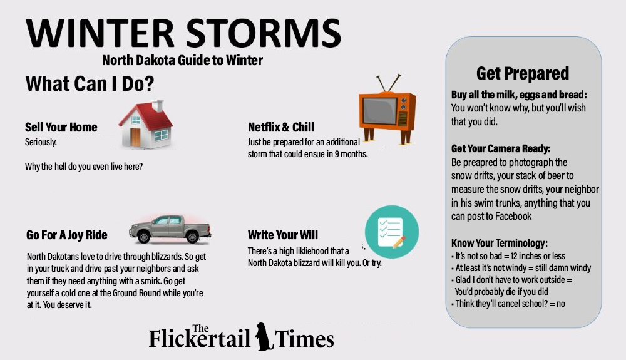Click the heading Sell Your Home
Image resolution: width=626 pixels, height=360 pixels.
61,127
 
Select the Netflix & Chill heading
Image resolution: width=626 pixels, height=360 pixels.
281,127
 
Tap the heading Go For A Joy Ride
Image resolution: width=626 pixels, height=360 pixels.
67,235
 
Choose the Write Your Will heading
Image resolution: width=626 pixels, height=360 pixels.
283,235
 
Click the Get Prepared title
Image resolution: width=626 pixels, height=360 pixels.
523,73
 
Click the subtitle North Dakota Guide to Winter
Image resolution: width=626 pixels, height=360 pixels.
182,61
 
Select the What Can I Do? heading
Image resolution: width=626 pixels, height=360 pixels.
90,83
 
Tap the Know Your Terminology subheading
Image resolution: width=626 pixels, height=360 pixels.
500,243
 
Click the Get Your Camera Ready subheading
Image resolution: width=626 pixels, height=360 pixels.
501,149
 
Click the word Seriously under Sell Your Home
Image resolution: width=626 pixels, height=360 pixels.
41,142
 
